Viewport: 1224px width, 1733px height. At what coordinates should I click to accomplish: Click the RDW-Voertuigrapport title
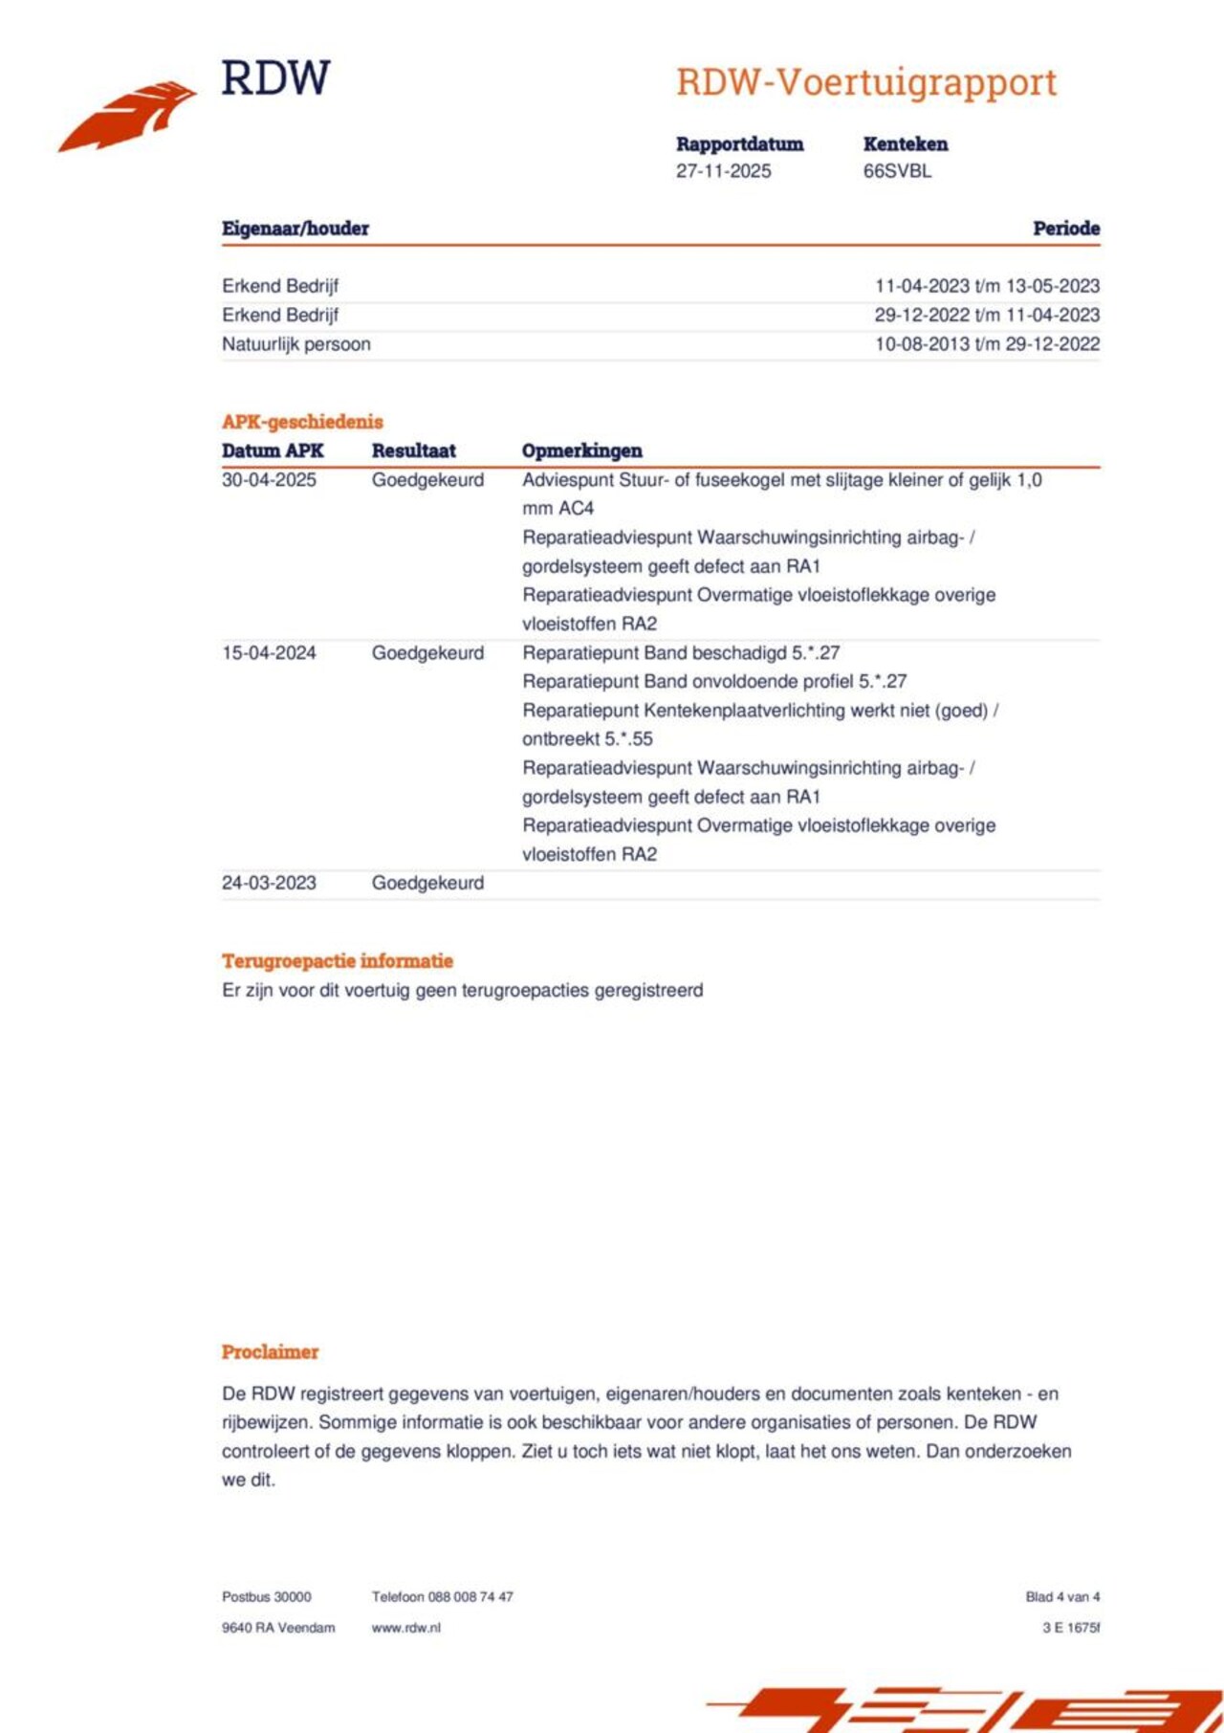[x=865, y=82]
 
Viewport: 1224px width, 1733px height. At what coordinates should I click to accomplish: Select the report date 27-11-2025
[x=723, y=171]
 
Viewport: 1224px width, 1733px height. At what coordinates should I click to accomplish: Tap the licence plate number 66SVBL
[x=896, y=171]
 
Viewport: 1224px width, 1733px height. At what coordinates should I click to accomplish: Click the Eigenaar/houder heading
[x=295, y=229]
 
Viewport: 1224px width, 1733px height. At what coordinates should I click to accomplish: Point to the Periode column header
[x=1065, y=229]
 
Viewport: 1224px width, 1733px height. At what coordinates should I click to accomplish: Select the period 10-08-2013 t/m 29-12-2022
[x=986, y=344]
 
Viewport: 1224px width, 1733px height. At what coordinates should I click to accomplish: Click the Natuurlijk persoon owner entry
[x=295, y=344]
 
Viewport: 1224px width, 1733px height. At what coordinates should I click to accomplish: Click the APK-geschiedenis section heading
[x=302, y=422]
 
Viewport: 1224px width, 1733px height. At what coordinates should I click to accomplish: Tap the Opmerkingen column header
[x=581, y=450]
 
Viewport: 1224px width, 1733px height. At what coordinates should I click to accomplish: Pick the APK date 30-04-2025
[x=269, y=480]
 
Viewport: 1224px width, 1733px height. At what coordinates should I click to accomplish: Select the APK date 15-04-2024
[x=269, y=653]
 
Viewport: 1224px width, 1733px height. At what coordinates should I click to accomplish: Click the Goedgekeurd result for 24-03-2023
[x=427, y=883]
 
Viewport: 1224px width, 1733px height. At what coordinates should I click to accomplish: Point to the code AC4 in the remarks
[x=576, y=509]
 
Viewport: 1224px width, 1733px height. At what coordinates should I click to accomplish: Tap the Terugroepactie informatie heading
[x=337, y=961]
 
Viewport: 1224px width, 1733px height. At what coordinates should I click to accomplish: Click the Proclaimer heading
[x=270, y=1352]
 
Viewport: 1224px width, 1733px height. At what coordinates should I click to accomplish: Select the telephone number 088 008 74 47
[x=470, y=1596]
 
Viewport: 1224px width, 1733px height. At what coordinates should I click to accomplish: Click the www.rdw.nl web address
[x=405, y=1628]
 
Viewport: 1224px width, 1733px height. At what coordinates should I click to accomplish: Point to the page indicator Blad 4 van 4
[x=1061, y=1596]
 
